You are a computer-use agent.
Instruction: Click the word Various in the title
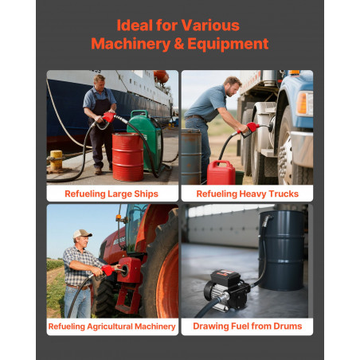pyautogui.click(x=210, y=25)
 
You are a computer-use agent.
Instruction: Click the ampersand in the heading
pyautogui.click(x=179, y=44)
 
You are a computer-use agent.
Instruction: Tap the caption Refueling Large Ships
pyautogui.click(x=112, y=194)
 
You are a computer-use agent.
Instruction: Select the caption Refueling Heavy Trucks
pyautogui.click(x=248, y=194)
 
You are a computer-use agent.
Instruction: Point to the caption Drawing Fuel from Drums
pyautogui.click(x=248, y=326)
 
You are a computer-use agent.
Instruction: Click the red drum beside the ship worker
pyautogui.click(x=127, y=157)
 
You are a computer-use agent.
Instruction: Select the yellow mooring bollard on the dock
pyautogui.click(x=56, y=160)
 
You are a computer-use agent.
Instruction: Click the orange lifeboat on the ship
pyautogui.click(x=161, y=76)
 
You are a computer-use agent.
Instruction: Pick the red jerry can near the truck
pyautogui.click(x=221, y=173)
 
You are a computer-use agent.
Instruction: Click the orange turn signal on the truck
pyautogui.click(x=302, y=104)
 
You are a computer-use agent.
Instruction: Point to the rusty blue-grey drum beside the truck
pyautogui.click(x=191, y=156)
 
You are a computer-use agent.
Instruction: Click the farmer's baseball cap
pyautogui.click(x=82, y=233)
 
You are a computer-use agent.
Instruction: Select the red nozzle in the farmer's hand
pyautogui.click(x=110, y=271)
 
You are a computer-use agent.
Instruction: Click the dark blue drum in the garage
pyautogui.click(x=282, y=250)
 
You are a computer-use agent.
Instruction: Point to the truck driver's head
pyautogui.click(x=233, y=86)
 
